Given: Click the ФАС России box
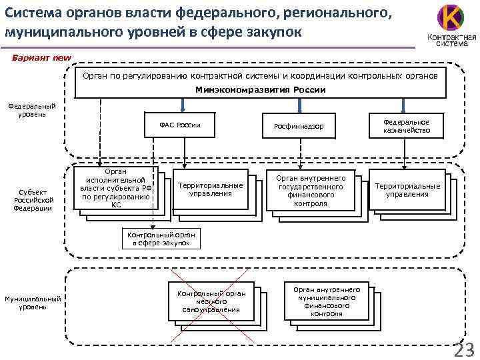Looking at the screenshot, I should pos(180,125).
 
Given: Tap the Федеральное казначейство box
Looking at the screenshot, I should pos(406,126).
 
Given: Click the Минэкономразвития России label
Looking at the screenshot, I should pos(260,89).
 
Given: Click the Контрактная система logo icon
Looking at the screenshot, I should pos(447,18).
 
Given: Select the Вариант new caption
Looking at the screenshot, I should pos(41,57).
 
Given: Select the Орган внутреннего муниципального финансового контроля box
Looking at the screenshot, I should pos(327,301).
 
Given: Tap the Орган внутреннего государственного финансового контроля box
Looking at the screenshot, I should pos(311,191).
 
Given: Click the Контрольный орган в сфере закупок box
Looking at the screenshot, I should pos(156,239).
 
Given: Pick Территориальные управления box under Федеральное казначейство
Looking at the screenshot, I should pos(407,190).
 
